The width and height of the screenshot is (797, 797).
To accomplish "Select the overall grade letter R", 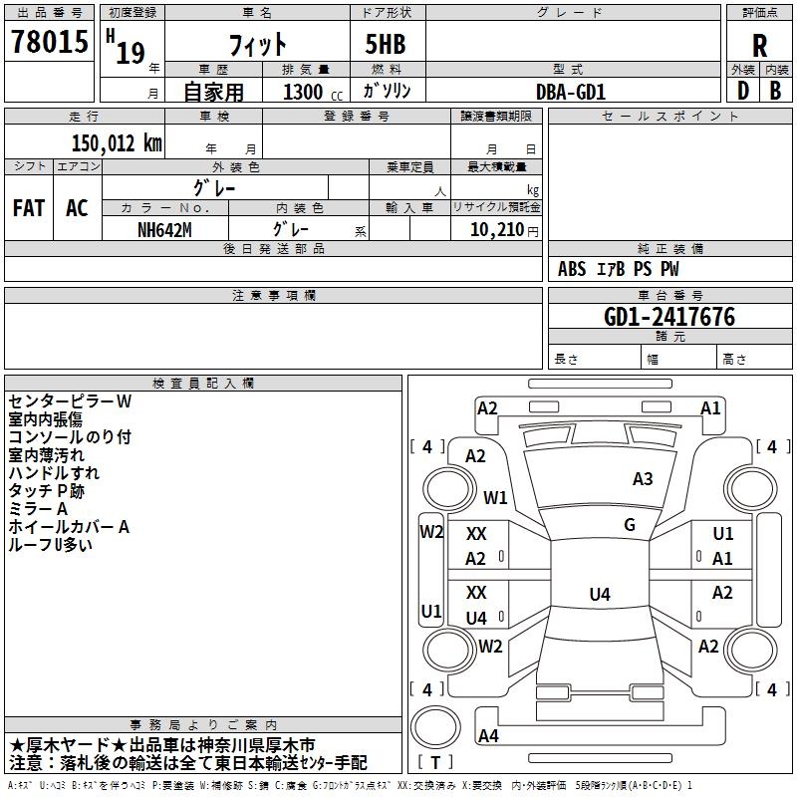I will point(759,46).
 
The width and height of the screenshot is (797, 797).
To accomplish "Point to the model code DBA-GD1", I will point(571,91).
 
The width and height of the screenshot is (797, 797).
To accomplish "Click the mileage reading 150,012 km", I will point(117,142).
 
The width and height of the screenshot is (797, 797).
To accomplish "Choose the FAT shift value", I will point(29,208).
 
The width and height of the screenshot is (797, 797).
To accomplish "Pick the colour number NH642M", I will point(165,228).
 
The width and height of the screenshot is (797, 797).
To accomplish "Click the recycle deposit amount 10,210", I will point(495,228).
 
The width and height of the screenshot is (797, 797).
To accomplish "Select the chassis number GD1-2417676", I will point(669,317).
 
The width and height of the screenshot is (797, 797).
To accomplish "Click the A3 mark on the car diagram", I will point(643,479).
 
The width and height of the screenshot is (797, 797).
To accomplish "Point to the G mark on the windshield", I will point(630,524).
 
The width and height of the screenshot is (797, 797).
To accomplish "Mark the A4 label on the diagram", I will point(488,736).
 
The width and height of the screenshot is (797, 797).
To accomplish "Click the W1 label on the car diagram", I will point(495,497).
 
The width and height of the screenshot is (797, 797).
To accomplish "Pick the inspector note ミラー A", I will point(39,508).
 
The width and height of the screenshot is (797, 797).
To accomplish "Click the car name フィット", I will point(257,45).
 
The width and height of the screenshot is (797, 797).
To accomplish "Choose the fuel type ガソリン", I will point(387,91).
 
